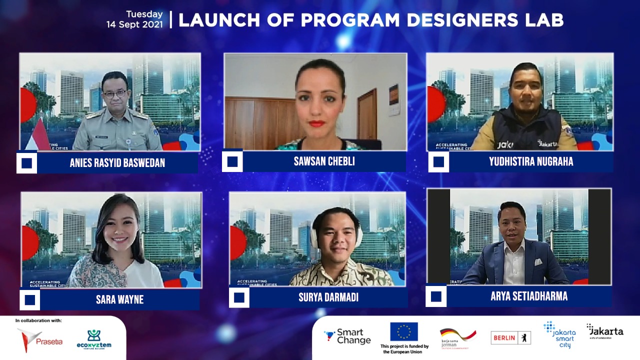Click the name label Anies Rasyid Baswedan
117,163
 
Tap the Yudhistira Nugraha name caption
531,161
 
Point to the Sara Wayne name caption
119,299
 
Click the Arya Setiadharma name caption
529,296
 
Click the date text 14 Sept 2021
134,24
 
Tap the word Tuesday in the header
144,14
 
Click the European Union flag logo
403,331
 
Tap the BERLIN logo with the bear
510,337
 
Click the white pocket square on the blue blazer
538,261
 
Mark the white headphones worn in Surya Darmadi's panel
314,235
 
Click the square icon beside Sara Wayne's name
30,300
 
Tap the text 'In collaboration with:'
38,320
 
